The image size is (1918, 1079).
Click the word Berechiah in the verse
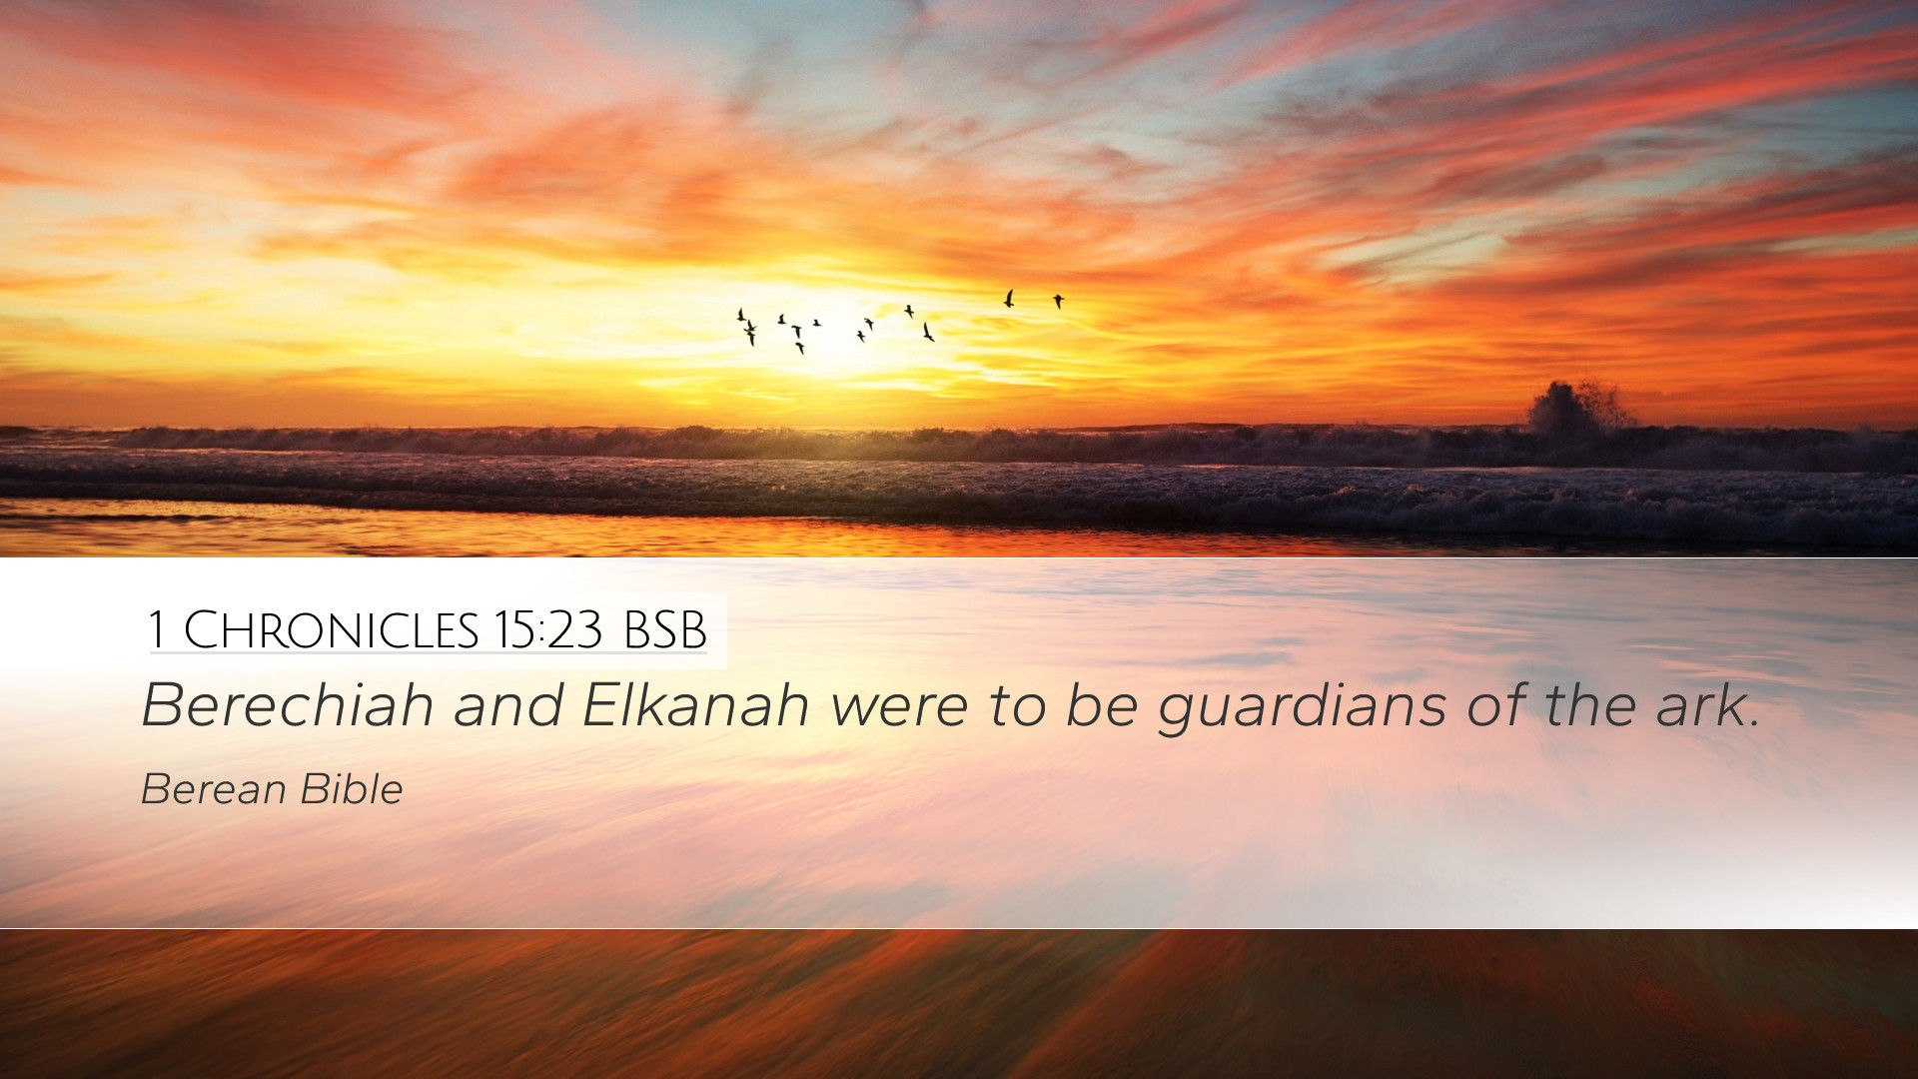click(x=288, y=705)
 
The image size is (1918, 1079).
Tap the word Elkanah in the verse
click(x=695, y=705)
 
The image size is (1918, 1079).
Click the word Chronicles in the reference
click(x=332, y=630)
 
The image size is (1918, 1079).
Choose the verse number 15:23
click(x=547, y=630)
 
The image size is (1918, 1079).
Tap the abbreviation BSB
click(x=665, y=630)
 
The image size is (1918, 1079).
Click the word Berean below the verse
click(x=214, y=789)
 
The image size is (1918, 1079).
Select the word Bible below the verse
click(x=352, y=789)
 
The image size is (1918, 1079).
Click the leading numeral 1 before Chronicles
click(x=156, y=630)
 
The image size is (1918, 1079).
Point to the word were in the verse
click(x=899, y=709)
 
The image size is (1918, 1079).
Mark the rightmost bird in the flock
click(x=1058, y=301)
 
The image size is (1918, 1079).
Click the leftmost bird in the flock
click(x=740, y=316)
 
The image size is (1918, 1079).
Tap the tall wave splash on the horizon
click(x=1576, y=407)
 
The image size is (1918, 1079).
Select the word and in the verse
click(x=507, y=705)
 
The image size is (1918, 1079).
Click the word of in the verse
click(x=1496, y=705)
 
